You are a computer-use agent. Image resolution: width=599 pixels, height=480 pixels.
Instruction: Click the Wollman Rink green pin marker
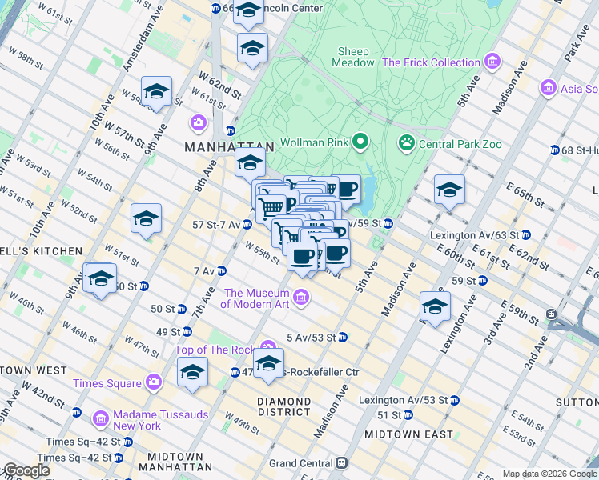click(x=360, y=143)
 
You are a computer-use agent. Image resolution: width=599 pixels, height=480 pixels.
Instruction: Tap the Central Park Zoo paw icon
click(x=407, y=144)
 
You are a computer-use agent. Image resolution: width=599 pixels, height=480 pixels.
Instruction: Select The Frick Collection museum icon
click(x=492, y=62)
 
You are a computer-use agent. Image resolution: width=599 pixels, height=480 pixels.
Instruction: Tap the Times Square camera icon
click(x=153, y=383)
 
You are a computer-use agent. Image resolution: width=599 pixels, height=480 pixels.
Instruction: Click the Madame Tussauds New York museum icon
click(x=100, y=419)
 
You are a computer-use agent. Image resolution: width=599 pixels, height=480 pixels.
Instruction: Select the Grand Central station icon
click(x=342, y=463)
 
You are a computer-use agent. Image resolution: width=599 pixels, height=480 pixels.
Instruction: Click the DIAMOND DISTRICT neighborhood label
click(x=284, y=406)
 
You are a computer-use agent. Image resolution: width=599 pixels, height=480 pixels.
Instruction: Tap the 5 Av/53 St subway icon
click(x=342, y=337)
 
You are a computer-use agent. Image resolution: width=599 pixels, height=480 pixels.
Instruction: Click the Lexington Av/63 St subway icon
click(x=526, y=236)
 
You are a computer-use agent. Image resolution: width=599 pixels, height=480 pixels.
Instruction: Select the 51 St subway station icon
click(x=408, y=415)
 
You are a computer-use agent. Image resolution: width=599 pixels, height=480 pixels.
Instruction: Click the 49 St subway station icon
click(x=187, y=331)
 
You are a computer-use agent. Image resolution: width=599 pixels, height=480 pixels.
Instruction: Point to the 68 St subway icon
click(x=554, y=150)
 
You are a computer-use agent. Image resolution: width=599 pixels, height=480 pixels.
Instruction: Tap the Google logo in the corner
click(x=26, y=470)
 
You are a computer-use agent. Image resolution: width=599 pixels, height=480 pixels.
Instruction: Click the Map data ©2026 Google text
click(x=549, y=474)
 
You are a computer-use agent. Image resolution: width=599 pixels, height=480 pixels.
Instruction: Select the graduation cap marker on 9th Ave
click(x=101, y=279)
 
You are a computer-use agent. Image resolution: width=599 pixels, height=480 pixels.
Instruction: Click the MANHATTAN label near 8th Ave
click(x=229, y=148)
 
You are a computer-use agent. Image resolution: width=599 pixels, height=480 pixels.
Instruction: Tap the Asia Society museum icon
click(x=548, y=87)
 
